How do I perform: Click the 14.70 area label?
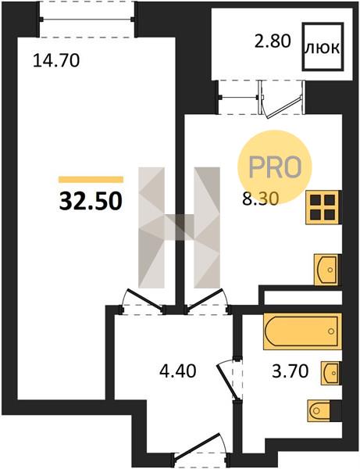point(56,60)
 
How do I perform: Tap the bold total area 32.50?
point(91,201)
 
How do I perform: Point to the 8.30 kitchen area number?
point(261,199)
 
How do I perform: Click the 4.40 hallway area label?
point(178,371)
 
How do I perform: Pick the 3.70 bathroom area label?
point(290,371)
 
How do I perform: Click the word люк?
point(323,48)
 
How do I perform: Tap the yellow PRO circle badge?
point(275,166)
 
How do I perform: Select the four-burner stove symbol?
point(323,207)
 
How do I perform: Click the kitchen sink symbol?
point(328,270)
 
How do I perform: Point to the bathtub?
point(303,331)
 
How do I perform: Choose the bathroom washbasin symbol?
point(331,373)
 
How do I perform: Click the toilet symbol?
point(321,411)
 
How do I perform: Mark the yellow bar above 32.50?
point(91,180)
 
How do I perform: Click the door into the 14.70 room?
point(143,302)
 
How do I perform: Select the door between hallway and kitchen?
point(208,302)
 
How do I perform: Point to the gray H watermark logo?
point(180,227)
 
